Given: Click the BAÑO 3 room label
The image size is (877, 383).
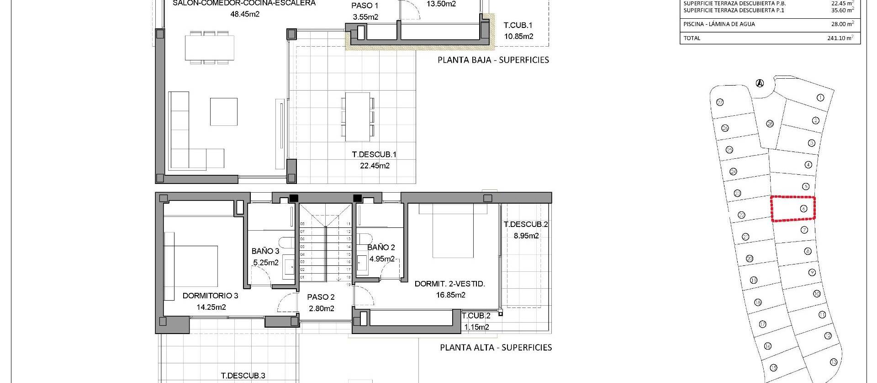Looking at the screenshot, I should point(265,251).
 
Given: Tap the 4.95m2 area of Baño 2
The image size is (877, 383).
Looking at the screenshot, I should point(382,259).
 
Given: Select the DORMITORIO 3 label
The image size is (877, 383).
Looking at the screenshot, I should point(210,296).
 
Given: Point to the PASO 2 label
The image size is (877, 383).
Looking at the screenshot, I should point(321,297).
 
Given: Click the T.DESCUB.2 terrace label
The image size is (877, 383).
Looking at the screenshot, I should point(526,224).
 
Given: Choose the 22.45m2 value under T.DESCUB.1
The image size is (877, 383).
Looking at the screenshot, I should point(375,166).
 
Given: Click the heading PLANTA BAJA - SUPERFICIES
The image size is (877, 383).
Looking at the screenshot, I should point(493,60).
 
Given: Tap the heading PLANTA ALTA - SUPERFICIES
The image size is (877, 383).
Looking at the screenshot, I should point(496,348).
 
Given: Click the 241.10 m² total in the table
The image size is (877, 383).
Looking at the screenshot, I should point(840,38).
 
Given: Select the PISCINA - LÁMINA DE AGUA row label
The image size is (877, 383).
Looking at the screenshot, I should point(719,24).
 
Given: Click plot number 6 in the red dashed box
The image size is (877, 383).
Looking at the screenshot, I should point(803,209).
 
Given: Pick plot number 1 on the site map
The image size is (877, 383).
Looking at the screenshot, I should point(820,97).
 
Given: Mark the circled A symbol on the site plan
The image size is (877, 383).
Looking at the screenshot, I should point(760,83).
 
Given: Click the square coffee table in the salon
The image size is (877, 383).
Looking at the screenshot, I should point(223,112).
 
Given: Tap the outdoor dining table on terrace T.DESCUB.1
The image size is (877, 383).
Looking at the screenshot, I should point(357,117).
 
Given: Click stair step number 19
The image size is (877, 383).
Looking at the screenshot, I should point(348,285).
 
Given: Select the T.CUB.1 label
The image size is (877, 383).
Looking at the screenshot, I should point(518,26).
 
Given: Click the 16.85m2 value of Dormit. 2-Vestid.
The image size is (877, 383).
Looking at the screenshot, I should point(450,295).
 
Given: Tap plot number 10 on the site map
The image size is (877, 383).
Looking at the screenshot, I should point(817,294).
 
